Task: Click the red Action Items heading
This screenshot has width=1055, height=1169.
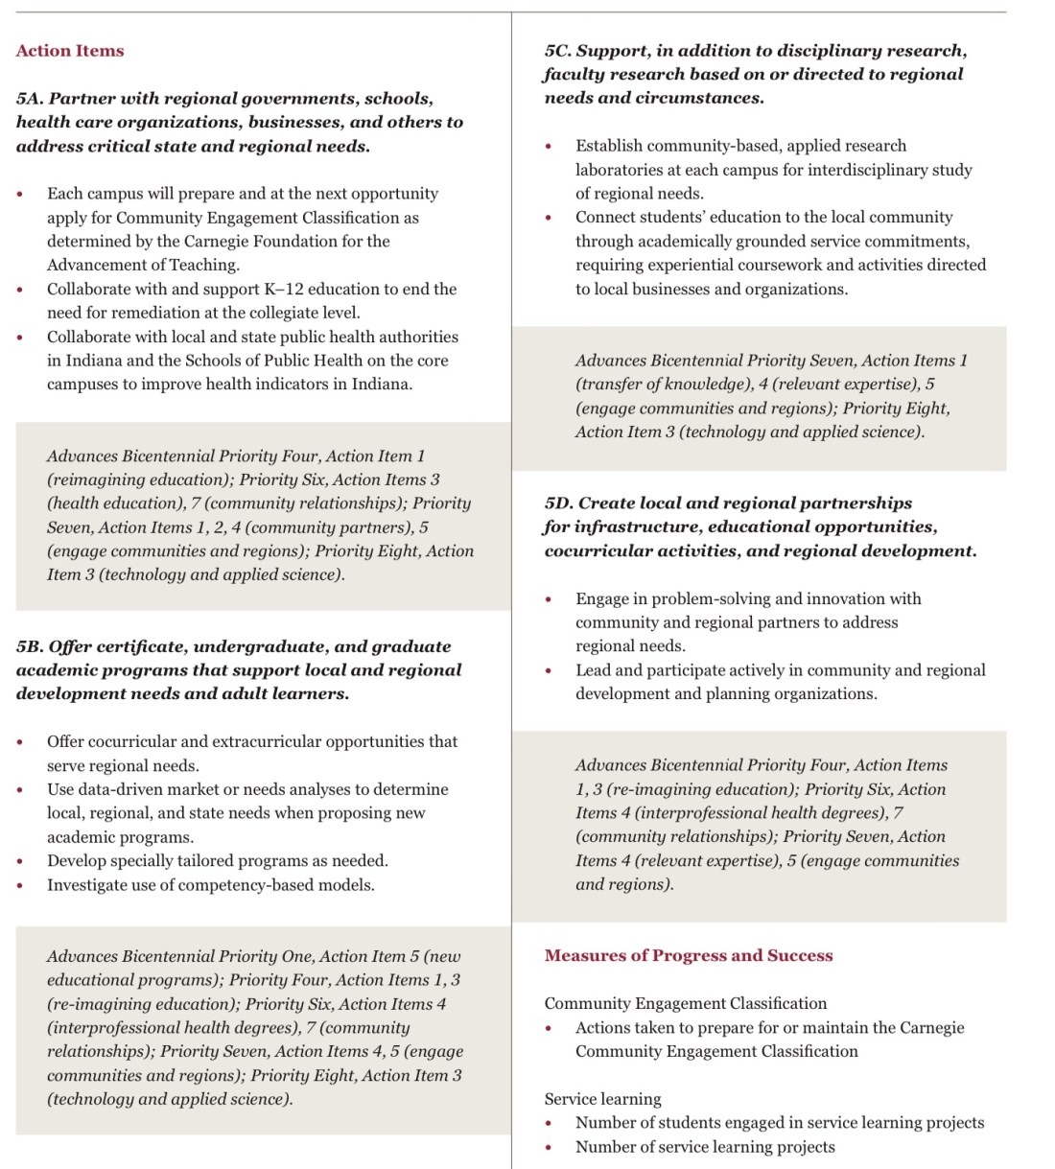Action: (70, 51)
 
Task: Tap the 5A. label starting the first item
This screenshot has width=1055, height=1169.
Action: (30, 99)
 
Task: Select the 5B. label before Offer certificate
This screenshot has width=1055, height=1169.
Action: (30, 646)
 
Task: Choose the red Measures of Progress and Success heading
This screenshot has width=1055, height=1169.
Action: (689, 955)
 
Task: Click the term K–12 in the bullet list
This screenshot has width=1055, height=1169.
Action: (288, 290)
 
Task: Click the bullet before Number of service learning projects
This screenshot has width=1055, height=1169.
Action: (549, 1148)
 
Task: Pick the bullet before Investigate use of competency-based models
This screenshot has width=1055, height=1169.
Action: (20, 886)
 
